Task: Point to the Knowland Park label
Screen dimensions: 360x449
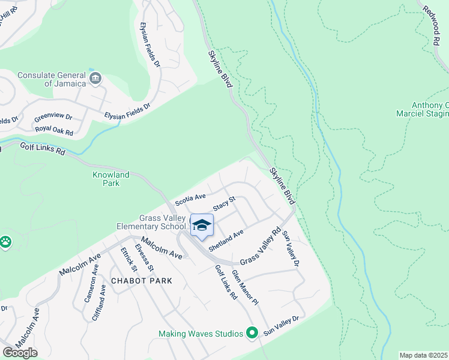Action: coord(110,179)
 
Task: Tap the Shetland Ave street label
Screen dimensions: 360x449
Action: coord(226,240)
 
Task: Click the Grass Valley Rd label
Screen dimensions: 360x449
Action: coord(261,246)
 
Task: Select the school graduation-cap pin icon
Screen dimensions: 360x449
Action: coord(202,226)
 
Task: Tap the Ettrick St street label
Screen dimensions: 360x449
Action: coord(129,260)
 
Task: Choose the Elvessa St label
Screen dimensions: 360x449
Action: coord(145,257)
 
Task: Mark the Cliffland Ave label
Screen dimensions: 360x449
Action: coord(100,303)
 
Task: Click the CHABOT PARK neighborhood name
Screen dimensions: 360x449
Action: coord(141,281)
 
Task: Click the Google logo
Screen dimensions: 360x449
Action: coord(20,353)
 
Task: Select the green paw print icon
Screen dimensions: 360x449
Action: coord(5,242)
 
